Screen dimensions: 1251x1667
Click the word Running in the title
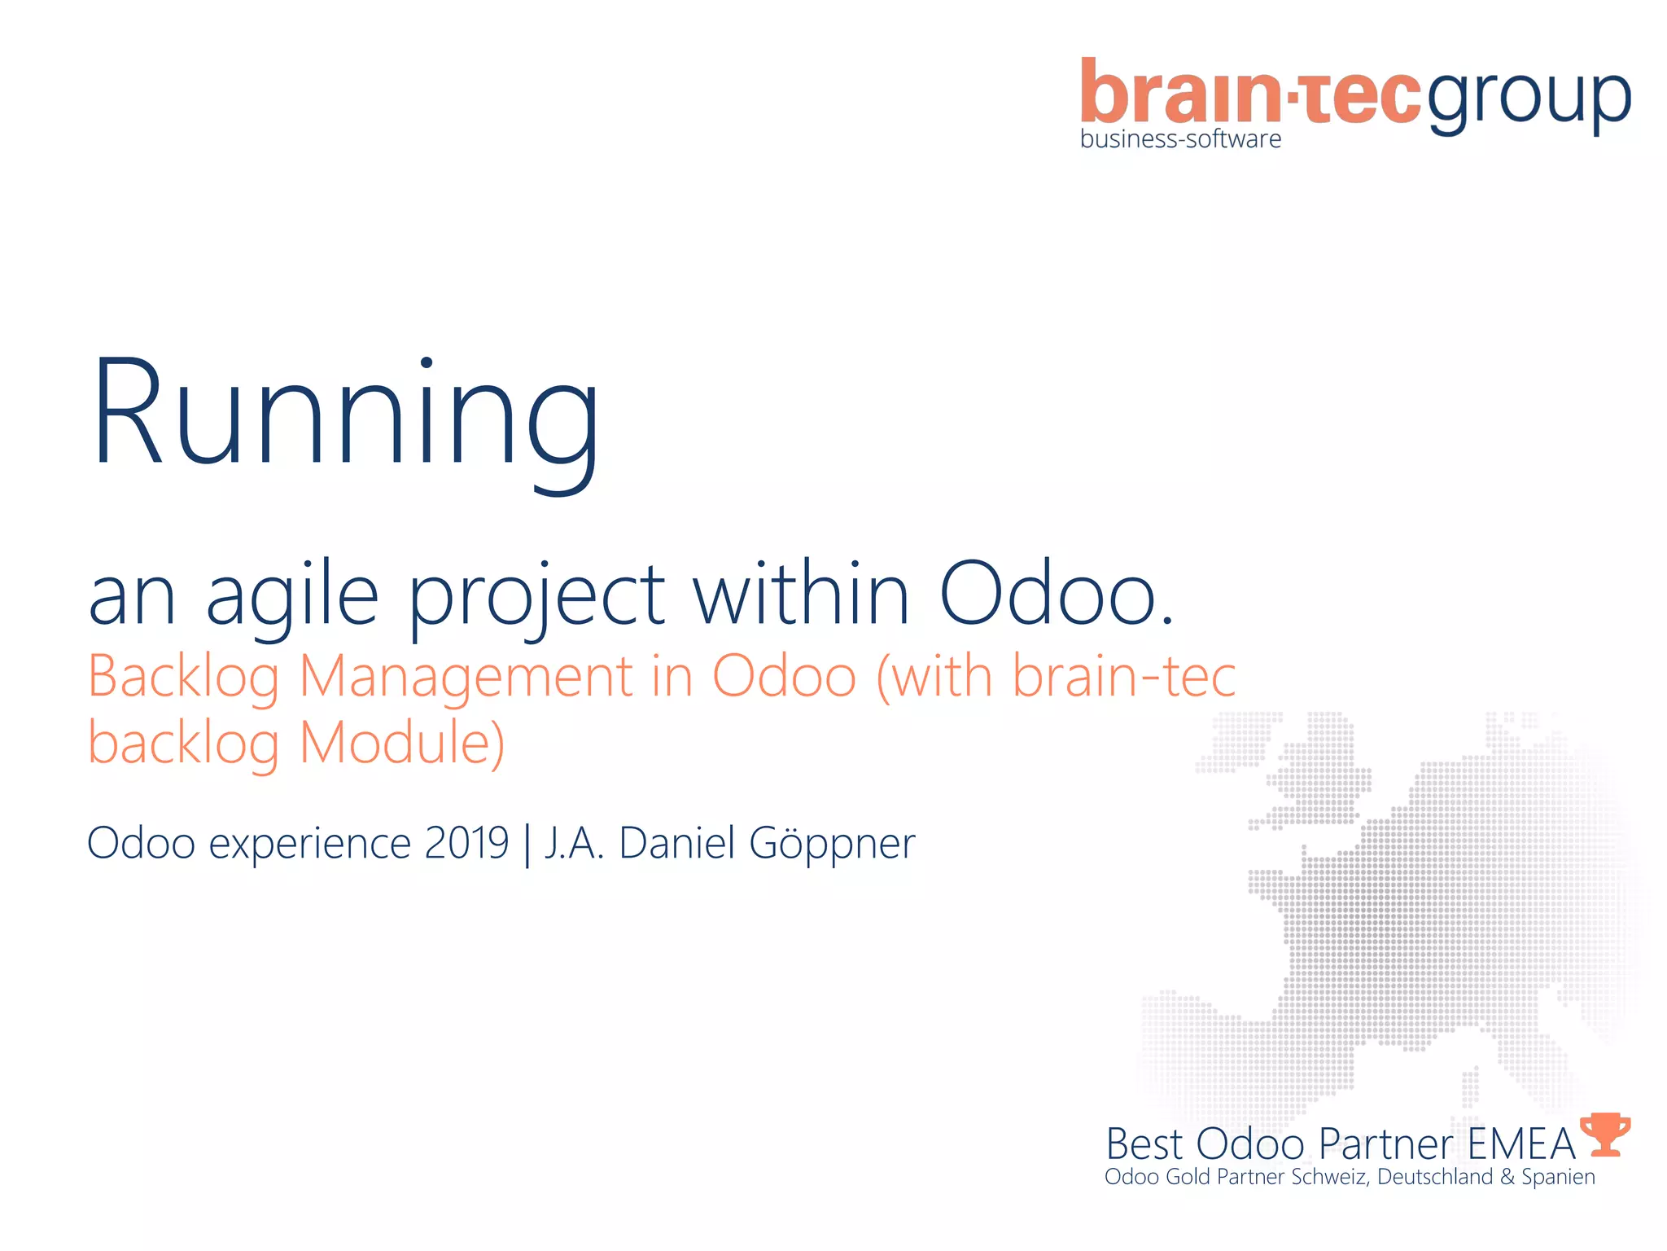(x=346, y=415)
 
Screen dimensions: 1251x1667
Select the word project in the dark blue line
(x=536, y=595)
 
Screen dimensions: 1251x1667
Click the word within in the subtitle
(x=801, y=595)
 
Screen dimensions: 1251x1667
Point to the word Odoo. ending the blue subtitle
(x=1057, y=595)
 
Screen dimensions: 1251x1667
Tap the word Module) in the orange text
(x=402, y=744)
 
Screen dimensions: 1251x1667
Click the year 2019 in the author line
(x=466, y=843)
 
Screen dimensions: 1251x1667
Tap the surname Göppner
(x=832, y=844)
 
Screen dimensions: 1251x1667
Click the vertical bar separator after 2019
(x=527, y=845)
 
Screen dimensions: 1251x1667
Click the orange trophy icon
(x=1605, y=1134)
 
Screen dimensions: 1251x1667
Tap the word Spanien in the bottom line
(x=1558, y=1178)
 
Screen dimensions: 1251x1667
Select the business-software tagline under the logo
(x=1180, y=139)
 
